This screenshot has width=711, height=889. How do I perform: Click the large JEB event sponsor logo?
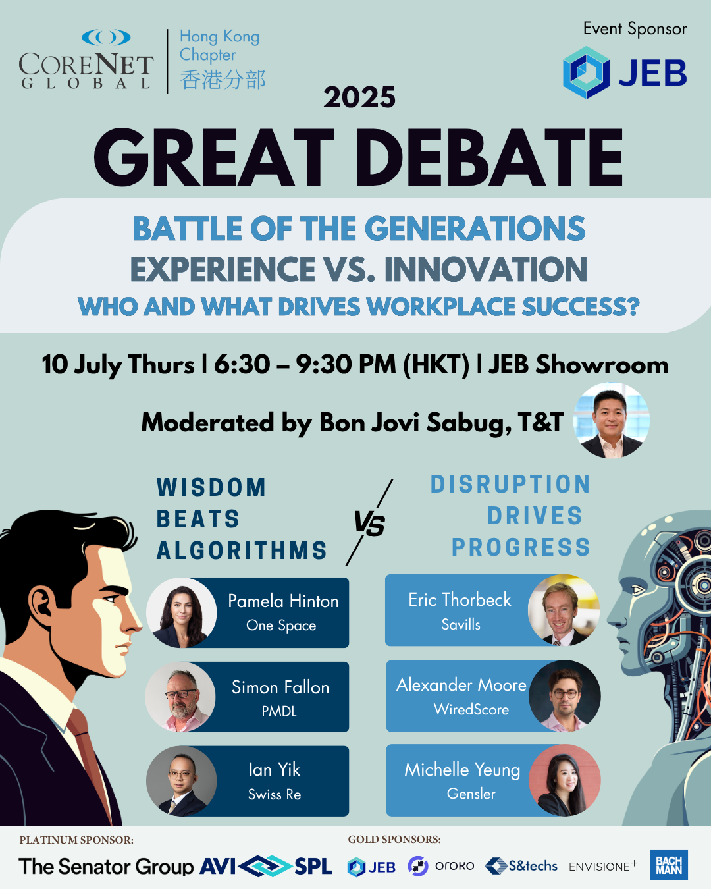pos(625,72)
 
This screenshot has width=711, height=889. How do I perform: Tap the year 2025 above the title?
pos(359,97)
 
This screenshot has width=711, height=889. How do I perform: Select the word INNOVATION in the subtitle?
pos(486,269)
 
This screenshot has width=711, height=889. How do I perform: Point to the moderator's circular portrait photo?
pos(612,421)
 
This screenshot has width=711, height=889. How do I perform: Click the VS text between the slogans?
pos(369,524)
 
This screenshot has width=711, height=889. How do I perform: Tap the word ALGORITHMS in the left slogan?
pos(242,551)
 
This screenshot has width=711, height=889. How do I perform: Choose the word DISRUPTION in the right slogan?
pos(510,484)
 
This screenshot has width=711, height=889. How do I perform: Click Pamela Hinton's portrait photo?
pos(181,612)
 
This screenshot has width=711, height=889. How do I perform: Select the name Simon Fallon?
pos(280,687)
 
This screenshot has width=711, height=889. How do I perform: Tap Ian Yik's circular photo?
pos(181,781)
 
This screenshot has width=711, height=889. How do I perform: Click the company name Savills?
pos(461,624)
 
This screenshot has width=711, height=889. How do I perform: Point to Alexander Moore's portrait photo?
pos(565,696)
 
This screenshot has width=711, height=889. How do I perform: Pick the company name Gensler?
pos(471,794)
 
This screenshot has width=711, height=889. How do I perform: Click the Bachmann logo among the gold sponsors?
pos(669,865)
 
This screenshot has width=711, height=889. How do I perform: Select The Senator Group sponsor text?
pos(106,866)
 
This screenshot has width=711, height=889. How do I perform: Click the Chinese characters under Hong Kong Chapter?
pos(223,80)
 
